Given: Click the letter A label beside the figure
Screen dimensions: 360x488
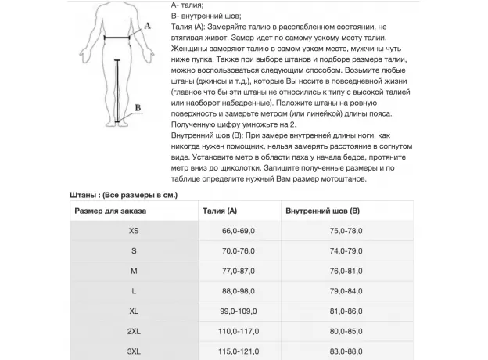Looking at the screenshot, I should click(x=147, y=27).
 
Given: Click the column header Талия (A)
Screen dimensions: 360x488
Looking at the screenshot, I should click(x=219, y=211).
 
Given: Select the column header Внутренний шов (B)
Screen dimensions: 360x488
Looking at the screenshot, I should click(x=322, y=211).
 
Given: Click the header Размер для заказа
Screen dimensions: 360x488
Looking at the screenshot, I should click(x=110, y=211).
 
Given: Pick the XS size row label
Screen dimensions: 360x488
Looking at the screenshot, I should click(x=134, y=232).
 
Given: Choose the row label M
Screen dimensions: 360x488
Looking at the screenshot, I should click(x=134, y=271).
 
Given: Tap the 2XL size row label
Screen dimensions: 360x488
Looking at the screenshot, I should click(x=134, y=331).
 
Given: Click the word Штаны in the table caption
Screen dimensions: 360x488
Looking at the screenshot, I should click(x=83, y=193).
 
